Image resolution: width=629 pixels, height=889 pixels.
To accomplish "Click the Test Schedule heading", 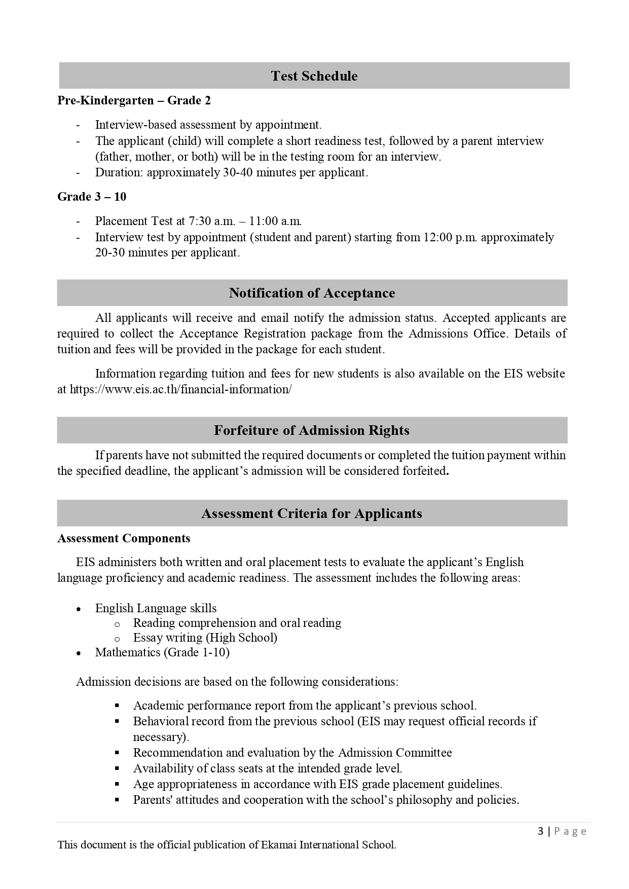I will pos(314,76).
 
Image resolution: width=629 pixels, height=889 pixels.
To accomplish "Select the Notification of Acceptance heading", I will pos(312,293).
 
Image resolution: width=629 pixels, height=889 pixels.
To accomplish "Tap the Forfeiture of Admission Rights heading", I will pos(312,430).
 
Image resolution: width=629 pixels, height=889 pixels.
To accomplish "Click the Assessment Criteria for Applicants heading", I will pos(312,513).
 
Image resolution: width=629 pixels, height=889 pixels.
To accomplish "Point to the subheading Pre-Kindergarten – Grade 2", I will pos(134,100).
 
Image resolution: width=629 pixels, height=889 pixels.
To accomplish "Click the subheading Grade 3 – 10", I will pos(92,197).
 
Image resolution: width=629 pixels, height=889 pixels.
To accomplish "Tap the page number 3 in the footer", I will pos(541,831).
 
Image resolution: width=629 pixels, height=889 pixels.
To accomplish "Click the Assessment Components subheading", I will pos(124,538).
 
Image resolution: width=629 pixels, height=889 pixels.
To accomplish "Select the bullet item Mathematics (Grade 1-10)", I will pos(162,652).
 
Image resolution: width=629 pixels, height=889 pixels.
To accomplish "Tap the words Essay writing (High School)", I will pos(205,638).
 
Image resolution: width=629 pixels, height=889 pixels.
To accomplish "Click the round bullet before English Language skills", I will pos(78,609).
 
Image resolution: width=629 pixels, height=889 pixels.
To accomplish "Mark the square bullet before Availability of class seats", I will pos(117,768).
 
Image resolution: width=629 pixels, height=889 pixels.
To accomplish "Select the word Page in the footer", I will pos(571,831).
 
